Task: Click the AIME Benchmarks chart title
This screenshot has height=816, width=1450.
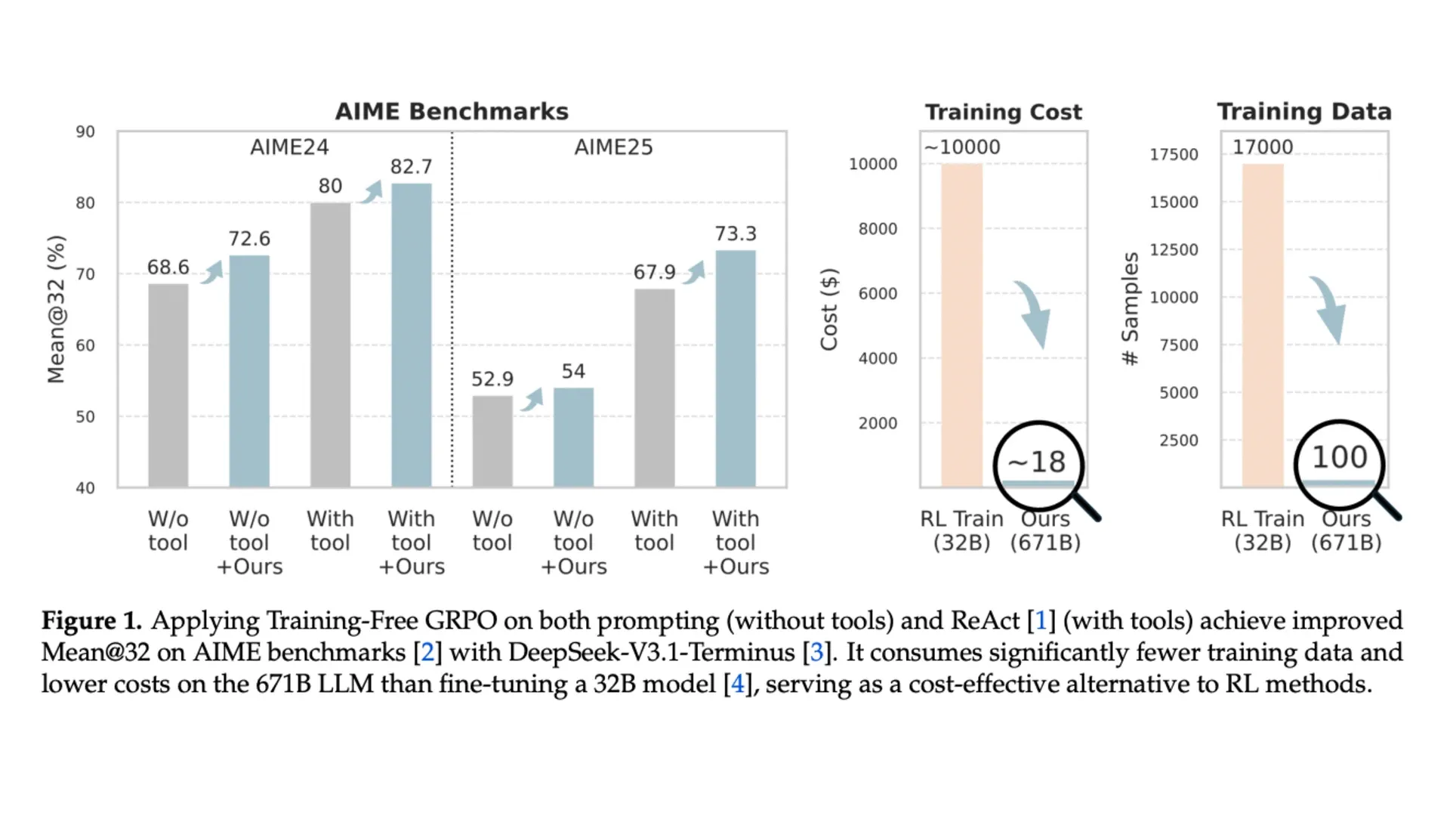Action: pos(452,112)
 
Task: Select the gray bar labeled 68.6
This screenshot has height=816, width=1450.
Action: pos(168,385)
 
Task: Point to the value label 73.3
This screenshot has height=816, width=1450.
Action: pos(736,234)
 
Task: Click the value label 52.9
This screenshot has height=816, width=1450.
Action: pos(492,379)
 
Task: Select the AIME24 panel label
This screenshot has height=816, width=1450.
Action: pos(289,147)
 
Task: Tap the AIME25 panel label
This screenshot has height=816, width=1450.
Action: pos(613,147)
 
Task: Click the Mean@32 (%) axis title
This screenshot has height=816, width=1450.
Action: pos(57,310)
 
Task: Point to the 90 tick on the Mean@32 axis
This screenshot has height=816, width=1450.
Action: pos(85,132)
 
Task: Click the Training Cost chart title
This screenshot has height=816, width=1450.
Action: pos(1004,113)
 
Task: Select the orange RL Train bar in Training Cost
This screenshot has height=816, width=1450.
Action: pos(961,325)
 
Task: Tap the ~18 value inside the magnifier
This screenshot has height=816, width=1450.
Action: pos(1037,462)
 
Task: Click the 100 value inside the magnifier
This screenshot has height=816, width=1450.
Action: pos(1340,457)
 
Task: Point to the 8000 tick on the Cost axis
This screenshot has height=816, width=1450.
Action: pos(878,229)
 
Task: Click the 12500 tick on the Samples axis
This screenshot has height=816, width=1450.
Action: pos(1174,250)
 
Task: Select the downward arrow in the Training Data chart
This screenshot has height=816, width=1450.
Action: pos(1328,310)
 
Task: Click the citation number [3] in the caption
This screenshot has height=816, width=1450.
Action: pos(816,652)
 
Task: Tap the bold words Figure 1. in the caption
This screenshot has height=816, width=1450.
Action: pos(91,621)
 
